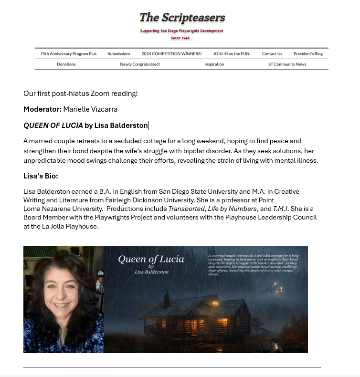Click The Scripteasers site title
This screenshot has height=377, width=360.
coord(182,18)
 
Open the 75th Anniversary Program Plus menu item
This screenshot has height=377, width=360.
coord(68,54)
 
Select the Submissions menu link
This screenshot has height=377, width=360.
coord(119,54)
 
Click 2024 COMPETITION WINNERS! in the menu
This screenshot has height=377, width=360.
coord(171,54)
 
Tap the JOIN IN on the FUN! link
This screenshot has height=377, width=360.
coord(232,54)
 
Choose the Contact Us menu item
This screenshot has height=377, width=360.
coord(272,54)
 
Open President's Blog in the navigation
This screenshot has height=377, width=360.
coord(308,54)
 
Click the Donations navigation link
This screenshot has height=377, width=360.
coord(66,64)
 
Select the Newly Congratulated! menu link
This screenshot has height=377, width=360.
coord(140,64)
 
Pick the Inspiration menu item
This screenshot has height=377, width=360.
coord(214,64)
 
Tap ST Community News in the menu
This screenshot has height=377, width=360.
coord(287,64)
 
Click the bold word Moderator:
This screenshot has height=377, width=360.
coord(42,109)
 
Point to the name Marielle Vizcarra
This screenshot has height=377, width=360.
coord(90,109)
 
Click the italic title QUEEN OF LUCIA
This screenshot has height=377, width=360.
coord(53,126)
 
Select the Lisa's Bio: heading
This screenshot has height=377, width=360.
coord(41,176)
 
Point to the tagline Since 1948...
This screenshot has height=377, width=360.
coord(181,38)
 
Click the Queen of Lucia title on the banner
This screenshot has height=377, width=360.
coord(151,260)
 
